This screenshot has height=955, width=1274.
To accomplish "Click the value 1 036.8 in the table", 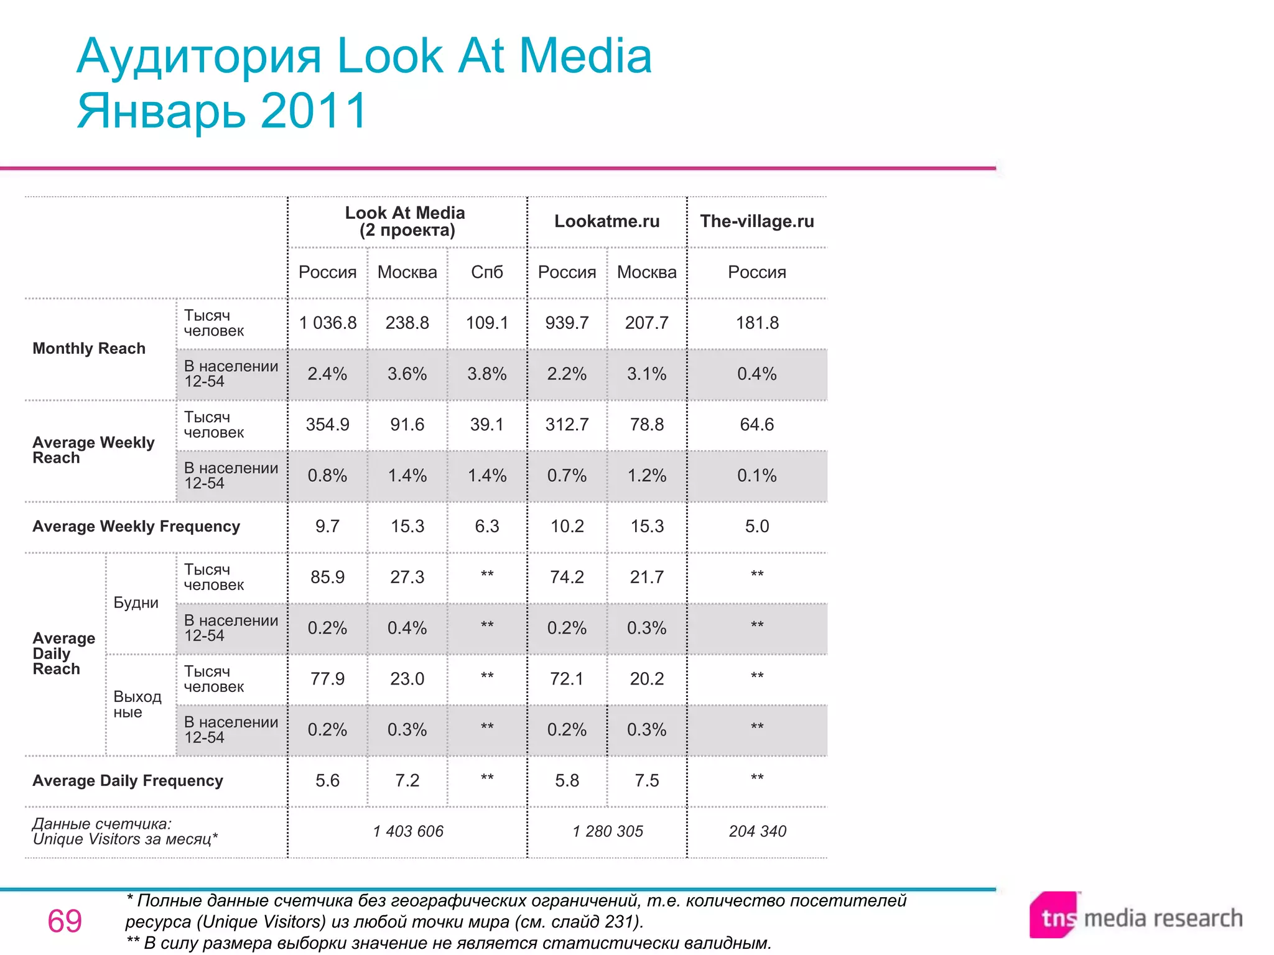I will (x=328, y=323).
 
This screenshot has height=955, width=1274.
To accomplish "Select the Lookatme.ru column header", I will (x=607, y=221).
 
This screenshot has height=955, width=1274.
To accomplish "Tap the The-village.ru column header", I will (x=756, y=221).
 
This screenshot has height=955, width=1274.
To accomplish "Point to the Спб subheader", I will (x=486, y=272).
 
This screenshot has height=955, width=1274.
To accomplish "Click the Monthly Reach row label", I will (x=89, y=348).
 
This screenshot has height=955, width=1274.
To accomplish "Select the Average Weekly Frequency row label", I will (x=136, y=527).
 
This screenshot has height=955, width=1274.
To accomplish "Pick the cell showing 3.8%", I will (x=486, y=374).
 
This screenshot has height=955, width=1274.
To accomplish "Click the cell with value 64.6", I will (x=756, y=425).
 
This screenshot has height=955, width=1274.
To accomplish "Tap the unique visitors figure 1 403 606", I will (x=408, y=831).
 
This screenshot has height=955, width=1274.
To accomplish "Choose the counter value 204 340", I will (x=757, y=831).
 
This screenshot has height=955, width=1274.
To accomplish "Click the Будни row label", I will (x=136, y=602).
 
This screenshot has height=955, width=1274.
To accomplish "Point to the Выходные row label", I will (x=137, y=704).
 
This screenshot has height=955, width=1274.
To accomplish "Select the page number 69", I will (x=65, y=921).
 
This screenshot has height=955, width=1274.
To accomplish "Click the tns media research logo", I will (x=1136, y=917).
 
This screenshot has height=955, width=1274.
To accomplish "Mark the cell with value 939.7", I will (x=567, y=323).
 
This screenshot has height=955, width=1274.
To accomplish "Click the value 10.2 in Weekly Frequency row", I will (x=567, y=527).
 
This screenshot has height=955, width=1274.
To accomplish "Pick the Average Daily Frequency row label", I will (x=128, y=781).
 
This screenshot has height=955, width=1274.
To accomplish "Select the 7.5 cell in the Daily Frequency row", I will (x=646, y=781).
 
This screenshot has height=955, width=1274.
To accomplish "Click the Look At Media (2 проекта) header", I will (x=405, y=221).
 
